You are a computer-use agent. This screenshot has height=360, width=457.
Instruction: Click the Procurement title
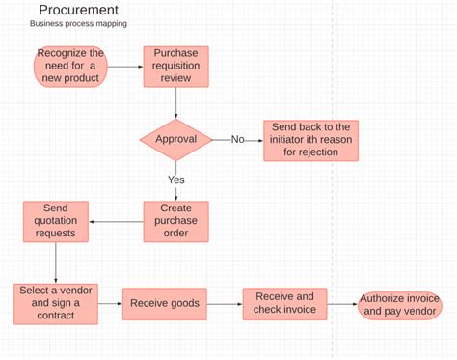click(x=79, y=10)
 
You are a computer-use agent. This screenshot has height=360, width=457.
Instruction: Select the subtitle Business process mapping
click(x=78, y=24)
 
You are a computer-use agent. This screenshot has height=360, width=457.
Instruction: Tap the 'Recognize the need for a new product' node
click(x=70, y=66)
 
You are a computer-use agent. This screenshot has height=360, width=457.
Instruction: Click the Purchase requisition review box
click(x=175, y=66)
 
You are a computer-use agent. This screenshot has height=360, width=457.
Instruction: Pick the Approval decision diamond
click(x=175, y=140)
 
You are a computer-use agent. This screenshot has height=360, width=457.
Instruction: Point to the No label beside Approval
click(x=238, y=140)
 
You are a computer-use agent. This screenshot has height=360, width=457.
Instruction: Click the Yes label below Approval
click(x=175, y=180)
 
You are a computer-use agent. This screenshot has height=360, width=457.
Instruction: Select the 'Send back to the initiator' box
click(x=310, y=140)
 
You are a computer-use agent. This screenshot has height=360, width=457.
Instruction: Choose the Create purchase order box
click(x=175, y=221)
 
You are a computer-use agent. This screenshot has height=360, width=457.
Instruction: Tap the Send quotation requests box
click(x=56, y=221)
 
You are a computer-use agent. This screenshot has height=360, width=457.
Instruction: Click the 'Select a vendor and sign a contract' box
click(x=56, y=303)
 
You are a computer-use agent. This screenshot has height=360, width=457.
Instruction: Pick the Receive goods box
click(x=164, y=303)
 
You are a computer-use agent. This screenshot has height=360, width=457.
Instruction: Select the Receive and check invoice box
click(x=284, y=303)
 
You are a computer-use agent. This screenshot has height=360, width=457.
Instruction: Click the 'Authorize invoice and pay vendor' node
click(x=399, y=305)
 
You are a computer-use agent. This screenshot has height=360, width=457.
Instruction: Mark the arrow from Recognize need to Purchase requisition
click(x=123, y=66)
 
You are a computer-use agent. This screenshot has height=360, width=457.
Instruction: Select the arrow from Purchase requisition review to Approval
click(x=175, y=102)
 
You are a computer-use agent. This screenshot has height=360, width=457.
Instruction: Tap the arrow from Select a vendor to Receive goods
click(x=110, y=303)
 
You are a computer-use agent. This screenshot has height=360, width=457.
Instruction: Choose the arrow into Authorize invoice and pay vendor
click(x=342, y=305)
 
